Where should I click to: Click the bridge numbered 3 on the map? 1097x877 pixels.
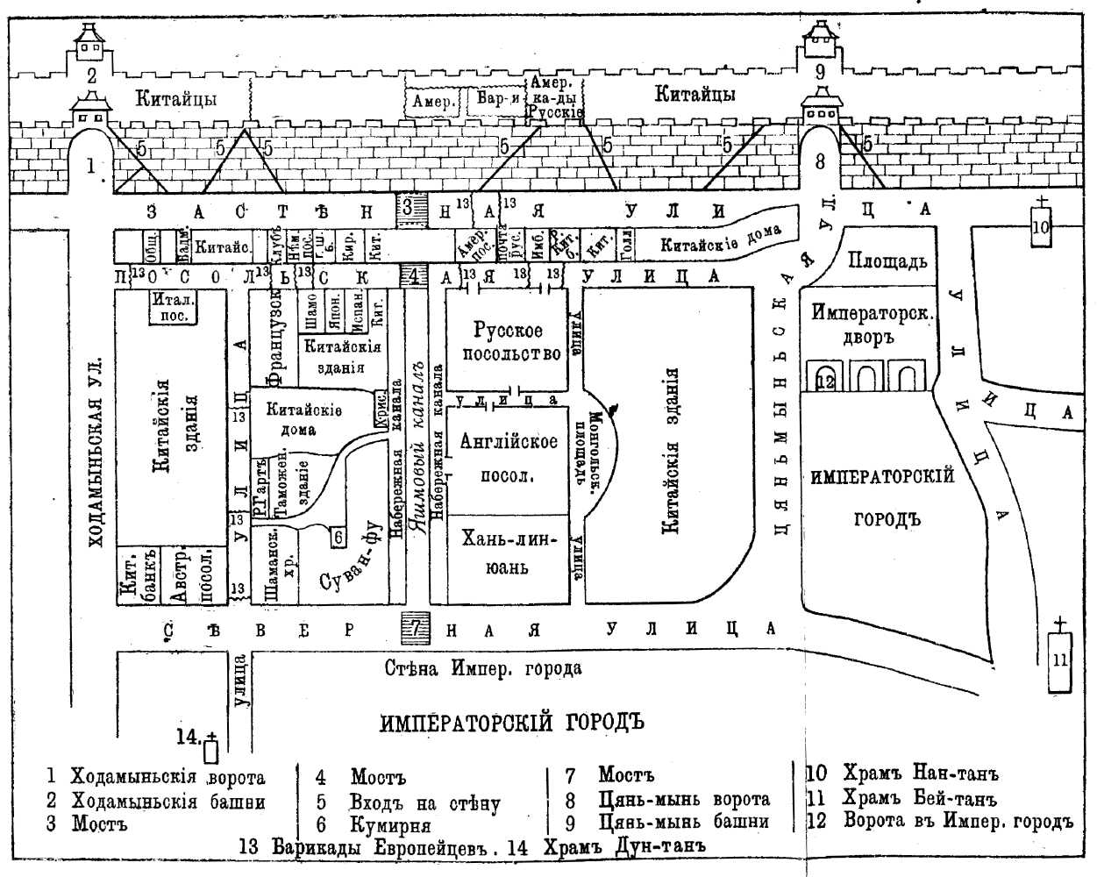(409, 210)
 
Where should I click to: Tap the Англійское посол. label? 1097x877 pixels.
(509, 456)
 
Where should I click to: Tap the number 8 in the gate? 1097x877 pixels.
(820, 161)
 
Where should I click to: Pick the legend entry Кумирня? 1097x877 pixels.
(390, 825)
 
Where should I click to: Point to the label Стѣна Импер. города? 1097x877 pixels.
(482, 669)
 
